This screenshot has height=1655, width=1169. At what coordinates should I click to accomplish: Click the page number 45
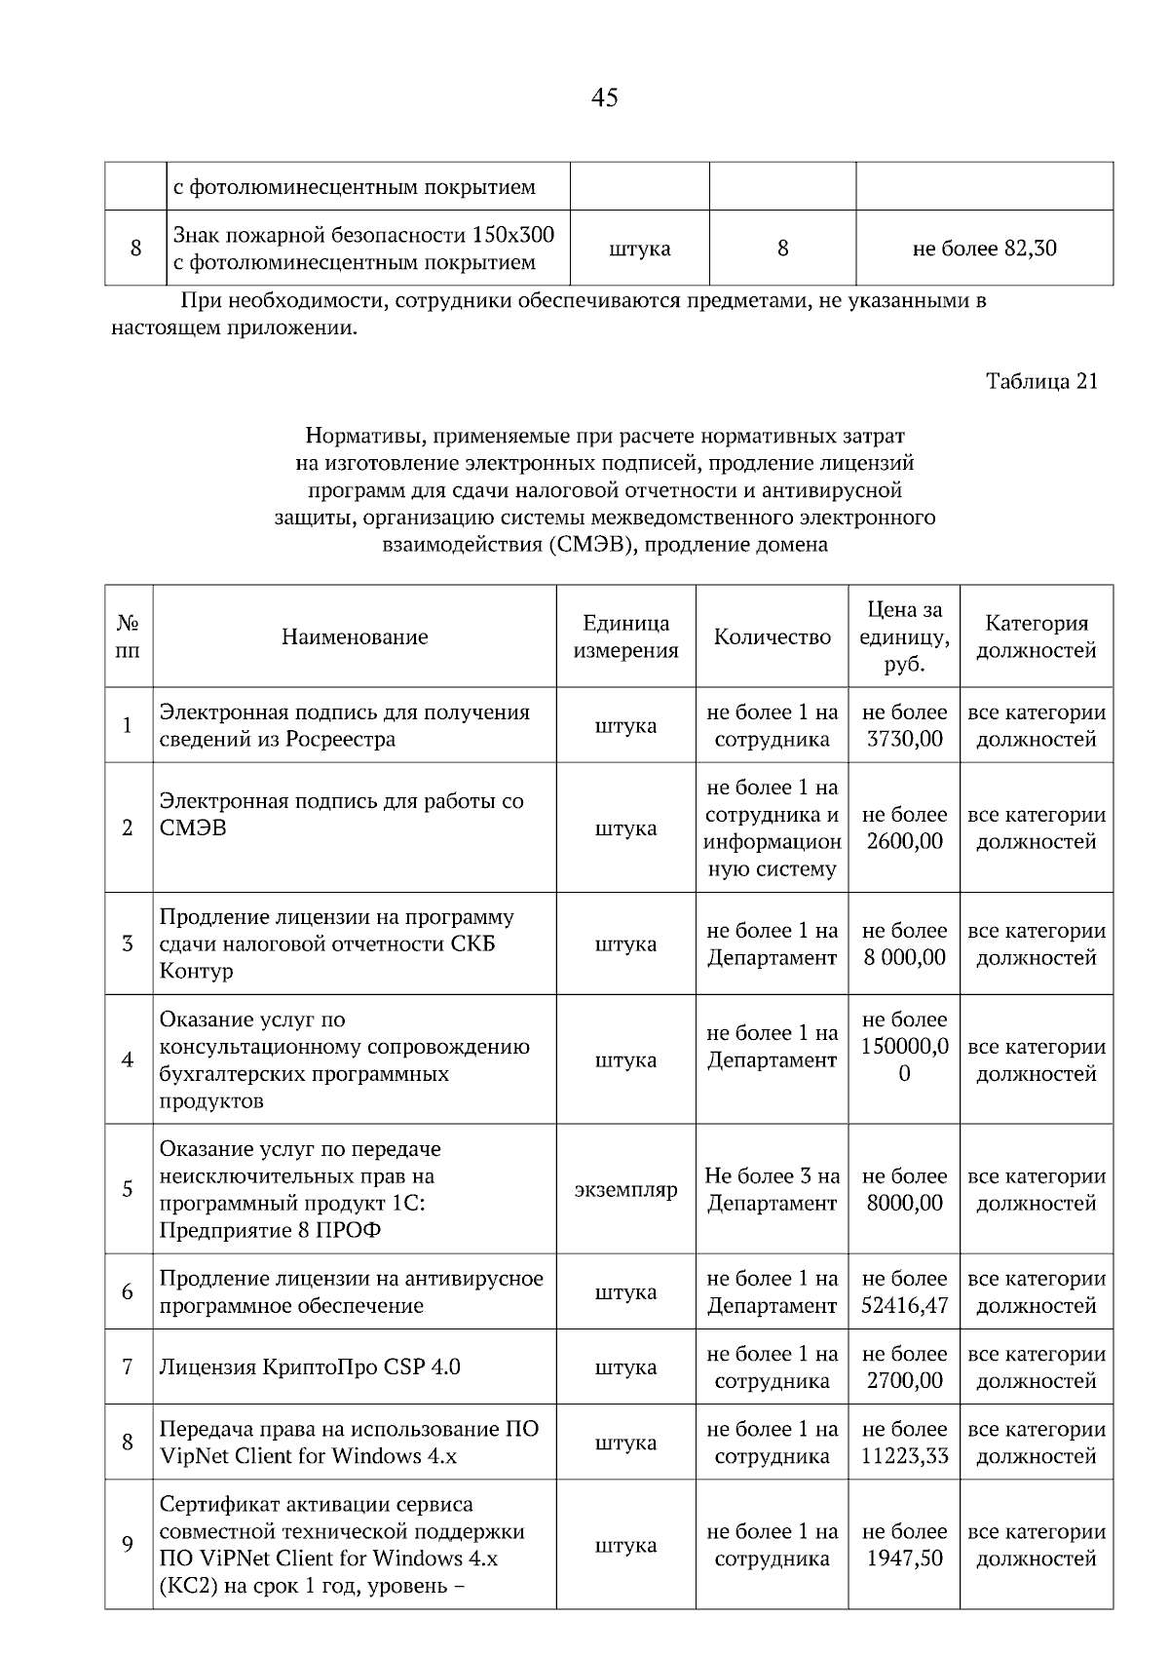pyautogui.click(x=604, y=97)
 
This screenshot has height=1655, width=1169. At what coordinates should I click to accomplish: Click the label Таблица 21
pyautogui.click(x=1041, y=381)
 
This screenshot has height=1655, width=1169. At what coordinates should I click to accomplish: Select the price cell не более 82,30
pyautogui.click(x=984, y=249)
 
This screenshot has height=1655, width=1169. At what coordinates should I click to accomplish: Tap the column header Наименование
pyautogui.click(x=355, y=636)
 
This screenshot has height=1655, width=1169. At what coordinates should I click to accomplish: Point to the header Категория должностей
pyautogui.click(x=1036, y=636)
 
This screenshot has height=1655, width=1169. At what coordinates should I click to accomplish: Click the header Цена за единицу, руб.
pyautogui.click(x=904, y=636)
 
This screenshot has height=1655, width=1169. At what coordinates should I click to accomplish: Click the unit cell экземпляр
pyautogui.click(x=625, y=1190)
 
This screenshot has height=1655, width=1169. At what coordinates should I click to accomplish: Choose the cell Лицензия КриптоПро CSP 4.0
pyautogui.click(x=310, y=1366)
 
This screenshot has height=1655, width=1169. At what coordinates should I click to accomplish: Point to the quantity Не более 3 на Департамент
pyautogui.click(x=772, y=1189)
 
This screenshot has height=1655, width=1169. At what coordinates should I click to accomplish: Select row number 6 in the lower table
pyautogui.click(x=128, y=1291)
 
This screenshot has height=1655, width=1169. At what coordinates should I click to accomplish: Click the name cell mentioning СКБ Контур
pyautogui.click(x=336, y=943)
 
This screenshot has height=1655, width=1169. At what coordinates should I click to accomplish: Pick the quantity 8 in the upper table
pyautogui.click(x=782, y=249)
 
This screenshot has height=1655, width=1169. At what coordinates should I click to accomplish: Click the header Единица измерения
pyautogui.click(x=625, y=636)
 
